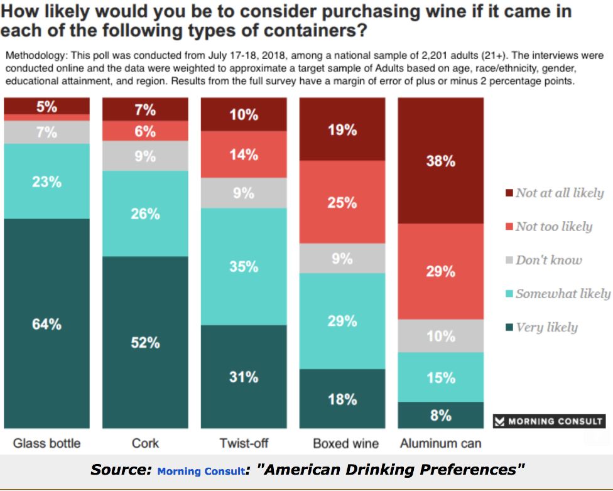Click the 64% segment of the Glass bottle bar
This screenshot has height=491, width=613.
click(x=47, y=323)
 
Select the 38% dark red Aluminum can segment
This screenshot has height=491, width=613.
click(x=440, y=161)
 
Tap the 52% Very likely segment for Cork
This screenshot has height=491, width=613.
click(x=145, y=342)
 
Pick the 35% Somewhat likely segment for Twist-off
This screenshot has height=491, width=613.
click(x=244, y=266)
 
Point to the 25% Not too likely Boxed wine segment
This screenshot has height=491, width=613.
click(x=342, y=202)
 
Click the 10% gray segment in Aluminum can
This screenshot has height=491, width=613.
click(x=440, y=336)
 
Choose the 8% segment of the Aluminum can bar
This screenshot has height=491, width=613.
click(x=440, y=415)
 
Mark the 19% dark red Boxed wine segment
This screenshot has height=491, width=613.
click(x=342, y=129)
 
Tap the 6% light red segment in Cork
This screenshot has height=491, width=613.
click(x=145, y=131)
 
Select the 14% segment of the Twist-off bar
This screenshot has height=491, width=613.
click(x=244, y=154)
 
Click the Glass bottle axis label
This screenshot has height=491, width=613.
click(x=47, y=443)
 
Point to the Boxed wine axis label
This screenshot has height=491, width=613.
click(x=345, y=443)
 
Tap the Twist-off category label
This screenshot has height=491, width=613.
click(x=244, y=443)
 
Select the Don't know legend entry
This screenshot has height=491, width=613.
click(x=548, y=260)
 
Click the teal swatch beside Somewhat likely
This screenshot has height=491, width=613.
click(x=509, y=294)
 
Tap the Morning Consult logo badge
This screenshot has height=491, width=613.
click(x=549, y=421)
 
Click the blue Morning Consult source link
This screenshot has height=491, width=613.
click(x=200, y=471)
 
